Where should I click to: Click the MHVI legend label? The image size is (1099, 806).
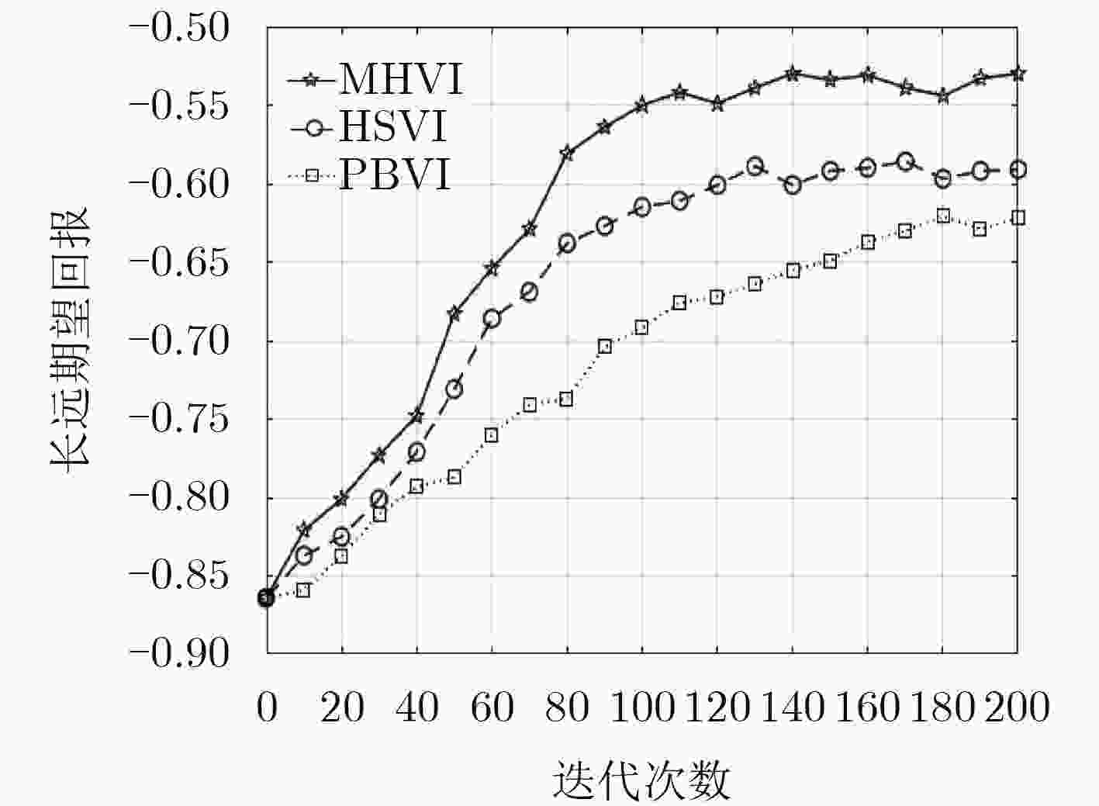click(401, 79)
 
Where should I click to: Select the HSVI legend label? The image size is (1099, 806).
click(392, 126)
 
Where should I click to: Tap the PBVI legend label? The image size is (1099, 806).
click(395, 175)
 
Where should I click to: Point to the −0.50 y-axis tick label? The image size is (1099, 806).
click(179, 27)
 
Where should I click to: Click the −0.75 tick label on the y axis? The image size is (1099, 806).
click(179, 419)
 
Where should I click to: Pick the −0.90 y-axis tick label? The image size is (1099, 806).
click(179, 653)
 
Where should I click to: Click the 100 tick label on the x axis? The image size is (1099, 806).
click(641, 707)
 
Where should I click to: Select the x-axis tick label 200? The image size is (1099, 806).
click(1017, 707)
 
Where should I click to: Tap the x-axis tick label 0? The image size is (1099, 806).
click(267, 707)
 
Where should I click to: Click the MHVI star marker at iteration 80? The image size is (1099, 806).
click(567, 153)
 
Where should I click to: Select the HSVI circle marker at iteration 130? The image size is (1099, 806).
click(755, 167)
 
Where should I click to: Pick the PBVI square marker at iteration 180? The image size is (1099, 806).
click(942, 216)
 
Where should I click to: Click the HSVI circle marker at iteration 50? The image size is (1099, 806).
click(454, 389)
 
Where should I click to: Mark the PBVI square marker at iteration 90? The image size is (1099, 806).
click(605, 347)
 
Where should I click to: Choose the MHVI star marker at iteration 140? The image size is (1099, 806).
click(793, 74)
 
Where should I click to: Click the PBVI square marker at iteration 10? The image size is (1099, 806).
click(304, 590)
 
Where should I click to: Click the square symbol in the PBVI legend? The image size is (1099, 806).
click(312, 175)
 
